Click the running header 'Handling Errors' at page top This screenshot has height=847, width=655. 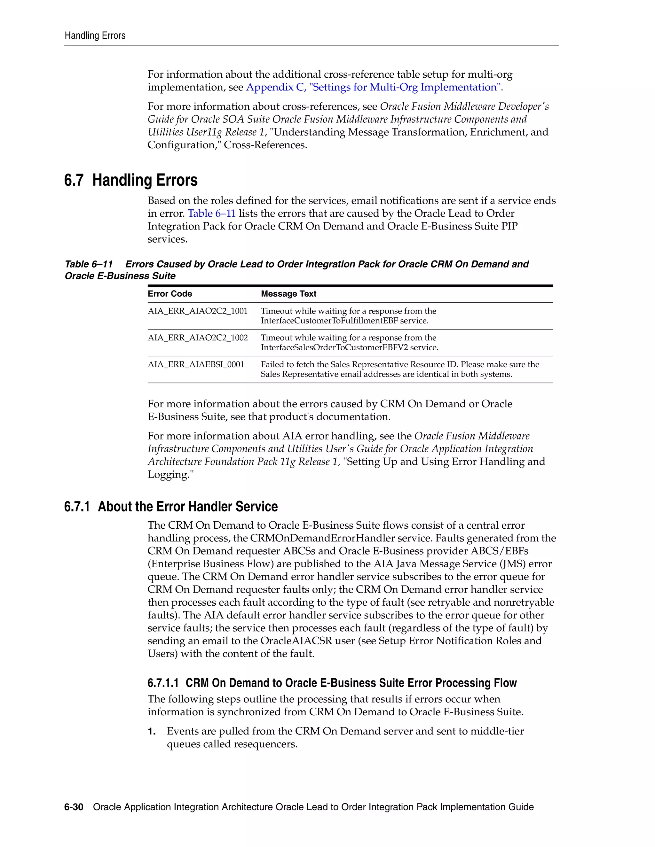tap(95, 36)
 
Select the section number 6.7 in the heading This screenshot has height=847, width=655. tap(74, 180)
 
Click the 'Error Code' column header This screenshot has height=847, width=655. tap(170, 294)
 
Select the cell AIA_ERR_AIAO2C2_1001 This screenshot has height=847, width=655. tap(198, 311)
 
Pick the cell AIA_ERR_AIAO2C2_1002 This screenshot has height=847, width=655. tap(198, 338)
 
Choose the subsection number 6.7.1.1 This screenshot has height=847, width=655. tap(163, 683)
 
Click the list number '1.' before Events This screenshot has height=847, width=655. tap(152, 731)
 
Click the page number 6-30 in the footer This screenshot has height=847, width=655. tap(74, 807)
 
